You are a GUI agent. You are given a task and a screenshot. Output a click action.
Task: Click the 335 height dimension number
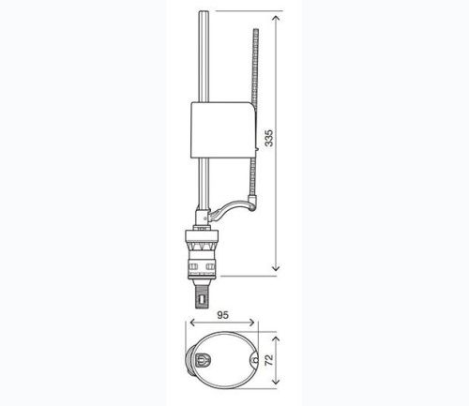pyautogui.click(x=269, y=139)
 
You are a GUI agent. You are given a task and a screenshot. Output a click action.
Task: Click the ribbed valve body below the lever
pyautogui.click(x=204, y=254)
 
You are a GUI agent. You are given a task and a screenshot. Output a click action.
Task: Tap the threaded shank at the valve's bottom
pyautogui.click(x=201, y=295)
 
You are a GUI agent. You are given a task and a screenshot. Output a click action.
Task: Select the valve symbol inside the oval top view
pyautogui.click(x=204, y=359)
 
